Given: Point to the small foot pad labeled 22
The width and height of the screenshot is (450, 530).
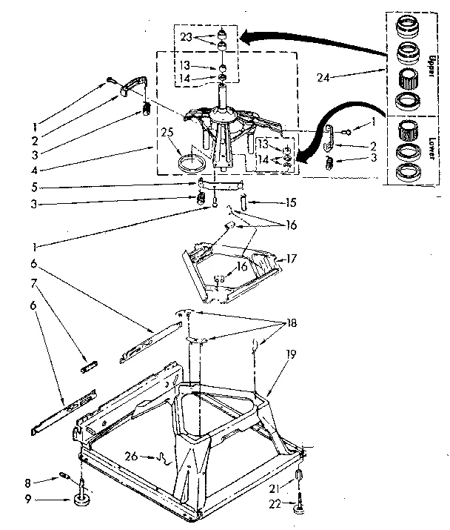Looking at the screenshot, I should [x=299, y=509].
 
